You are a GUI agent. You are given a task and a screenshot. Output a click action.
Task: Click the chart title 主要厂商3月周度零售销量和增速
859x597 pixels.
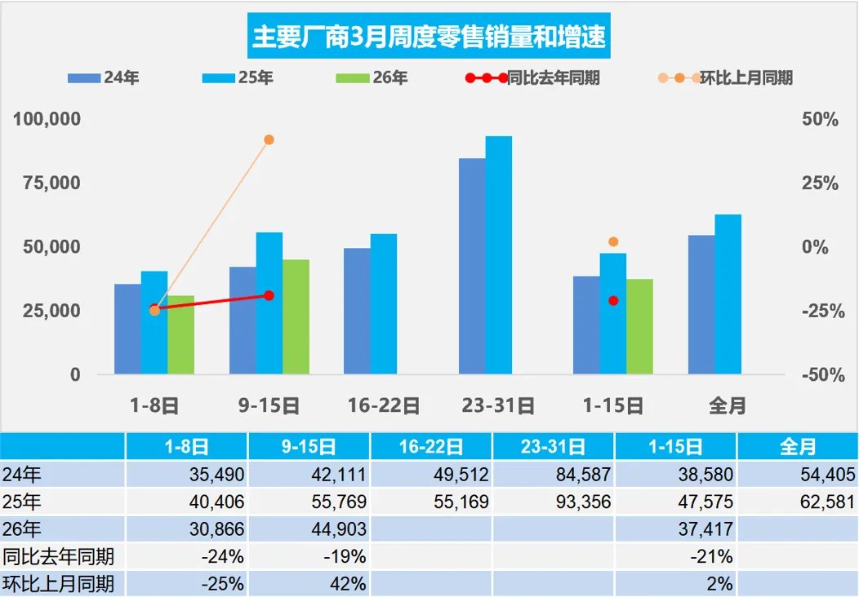tap(429, 38)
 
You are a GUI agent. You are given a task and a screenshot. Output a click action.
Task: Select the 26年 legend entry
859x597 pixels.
tap(372, 78)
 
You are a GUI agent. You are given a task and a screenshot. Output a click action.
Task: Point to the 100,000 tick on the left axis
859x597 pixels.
tap(47, 119)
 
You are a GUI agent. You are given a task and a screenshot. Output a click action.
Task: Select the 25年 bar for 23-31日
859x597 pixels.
tap(499, 255)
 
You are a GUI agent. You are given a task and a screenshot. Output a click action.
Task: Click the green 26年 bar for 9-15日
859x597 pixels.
tap(296, 317)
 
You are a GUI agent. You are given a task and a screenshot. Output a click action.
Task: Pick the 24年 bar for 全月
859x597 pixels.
tap(701, 305)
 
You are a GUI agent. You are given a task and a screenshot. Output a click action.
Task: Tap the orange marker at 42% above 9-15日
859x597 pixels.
tap(269, 139)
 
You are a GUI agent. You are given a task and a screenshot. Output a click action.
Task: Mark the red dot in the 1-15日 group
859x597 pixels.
tap(613, 301)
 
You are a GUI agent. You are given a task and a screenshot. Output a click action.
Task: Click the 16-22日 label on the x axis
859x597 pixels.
tap(384, 405)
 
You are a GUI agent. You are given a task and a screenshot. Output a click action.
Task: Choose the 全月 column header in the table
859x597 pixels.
tap(797, 447)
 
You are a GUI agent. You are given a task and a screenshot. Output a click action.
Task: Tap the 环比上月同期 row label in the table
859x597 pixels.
tap(58, 584)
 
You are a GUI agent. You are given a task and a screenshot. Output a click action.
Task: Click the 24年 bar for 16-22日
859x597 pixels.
tap(357, 312)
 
